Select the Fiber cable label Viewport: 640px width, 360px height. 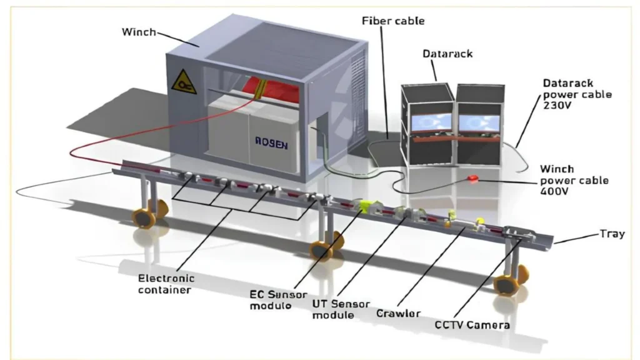[x=393, y=21]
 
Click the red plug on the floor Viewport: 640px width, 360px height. [x=473, y=179]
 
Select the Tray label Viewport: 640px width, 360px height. [x=612, y=234]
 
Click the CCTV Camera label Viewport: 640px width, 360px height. [x=472, y=325]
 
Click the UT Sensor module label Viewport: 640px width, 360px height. [x=332, y=309]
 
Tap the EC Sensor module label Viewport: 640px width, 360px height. [x=271, y=299]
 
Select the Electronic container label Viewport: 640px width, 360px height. [x=166, y=284]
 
